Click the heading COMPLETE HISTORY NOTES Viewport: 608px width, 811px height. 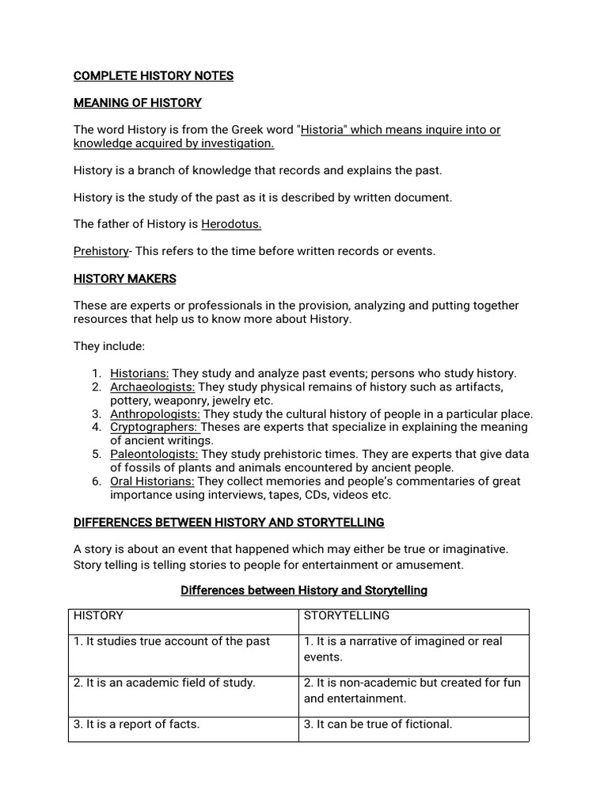(x=154, y=76)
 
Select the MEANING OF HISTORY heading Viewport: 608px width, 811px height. (x=138, y=103)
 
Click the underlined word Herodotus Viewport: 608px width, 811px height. (x=231, y=224)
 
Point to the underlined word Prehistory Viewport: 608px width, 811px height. (x=101, y=251)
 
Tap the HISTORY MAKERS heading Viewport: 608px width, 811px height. (x=125, y=279)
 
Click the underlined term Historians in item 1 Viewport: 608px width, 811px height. (x=139, y=373)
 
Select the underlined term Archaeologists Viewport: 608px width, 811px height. (x=152, y=386)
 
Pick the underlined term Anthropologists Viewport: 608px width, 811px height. (x=155, y=413)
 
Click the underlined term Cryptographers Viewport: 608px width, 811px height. (x=154, y=427)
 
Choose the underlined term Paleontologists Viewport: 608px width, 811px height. (x=154, y=455)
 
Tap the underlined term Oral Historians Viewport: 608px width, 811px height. (x=151, y=482)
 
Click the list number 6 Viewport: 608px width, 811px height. (x=95, y=482)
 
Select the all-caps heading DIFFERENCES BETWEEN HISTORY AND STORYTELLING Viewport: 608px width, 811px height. (x=229, y=523)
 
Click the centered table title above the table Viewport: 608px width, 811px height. (x=304, y=591)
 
